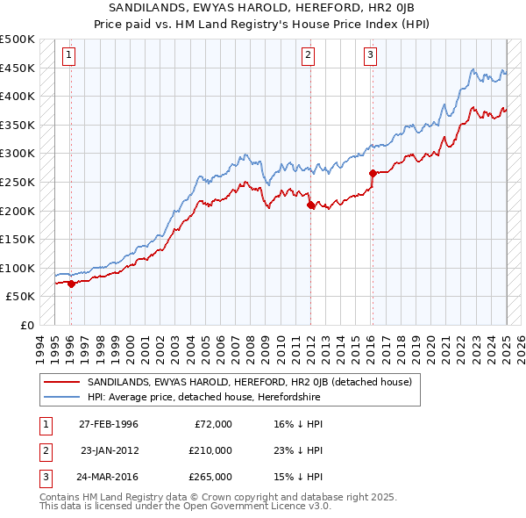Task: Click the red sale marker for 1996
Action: click(x=70, y=284)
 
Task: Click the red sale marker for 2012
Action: click(x=309, y=205)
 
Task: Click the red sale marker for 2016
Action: click(x=373, y=173)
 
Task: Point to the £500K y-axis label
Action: click(x=18, y=40)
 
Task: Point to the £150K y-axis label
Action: click(x=18, y=239)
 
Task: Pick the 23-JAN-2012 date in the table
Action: click(x=110, y=450)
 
